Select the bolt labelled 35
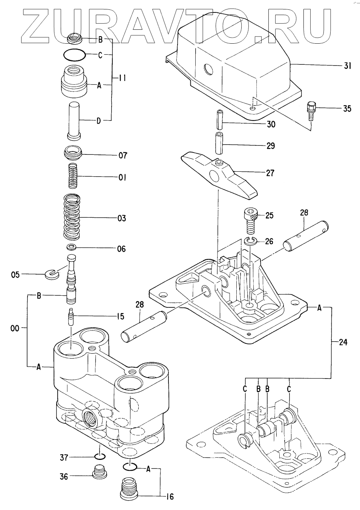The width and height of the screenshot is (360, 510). [x=311, y=110]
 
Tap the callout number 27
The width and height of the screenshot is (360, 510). [x=270, y=173]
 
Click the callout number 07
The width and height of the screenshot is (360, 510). [x=123, y=155]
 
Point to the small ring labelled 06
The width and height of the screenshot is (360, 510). [x=71, y=247]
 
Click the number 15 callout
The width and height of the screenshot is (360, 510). [x=120, y=317]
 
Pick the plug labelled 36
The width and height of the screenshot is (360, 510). [x=99, y=471]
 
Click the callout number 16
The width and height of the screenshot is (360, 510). [x=170, y=497]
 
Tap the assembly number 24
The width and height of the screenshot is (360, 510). [x=343, y=342]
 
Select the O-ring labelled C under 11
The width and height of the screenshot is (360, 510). [x=75, y=55]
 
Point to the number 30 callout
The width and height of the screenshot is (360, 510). [x=271, y=124]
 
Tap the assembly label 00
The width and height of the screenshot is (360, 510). [x=15, y=328]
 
